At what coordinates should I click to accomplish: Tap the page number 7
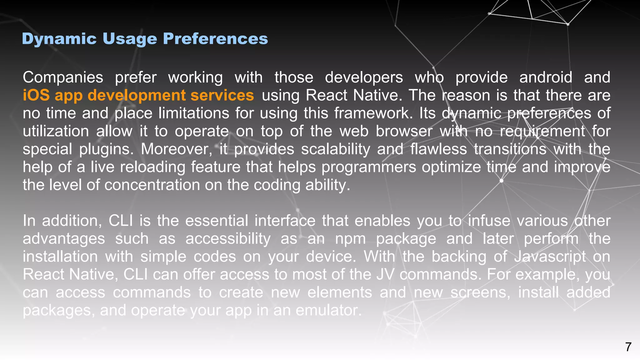click(628, 347)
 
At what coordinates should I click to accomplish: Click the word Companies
click(63, 77)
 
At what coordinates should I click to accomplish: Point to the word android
click(546, 77)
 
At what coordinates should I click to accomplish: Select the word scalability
click(336, 149)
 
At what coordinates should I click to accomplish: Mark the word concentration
click(152, 185)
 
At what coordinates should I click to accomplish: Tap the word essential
click(217, 221)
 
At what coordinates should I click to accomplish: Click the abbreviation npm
click(350, 239)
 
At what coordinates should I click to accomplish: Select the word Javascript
click(550, 257)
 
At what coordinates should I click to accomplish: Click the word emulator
click(328, 310)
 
